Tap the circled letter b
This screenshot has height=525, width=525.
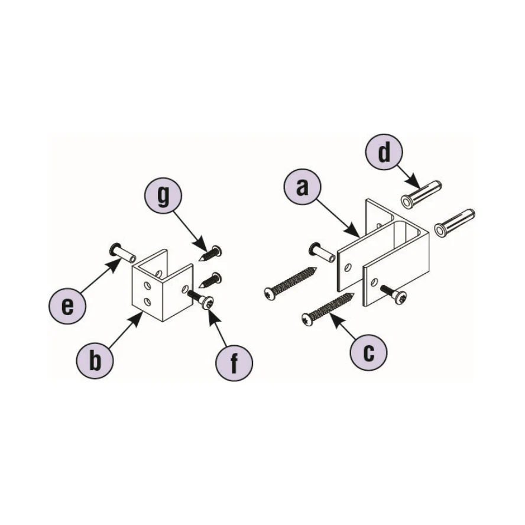(95, 360)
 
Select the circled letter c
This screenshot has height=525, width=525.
(368, 352)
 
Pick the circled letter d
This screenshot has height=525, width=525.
(384, 153)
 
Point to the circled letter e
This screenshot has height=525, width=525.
(67, 306)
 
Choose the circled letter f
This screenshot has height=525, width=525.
(234, 363)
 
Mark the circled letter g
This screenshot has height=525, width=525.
(163, 196)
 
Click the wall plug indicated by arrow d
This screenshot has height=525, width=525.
(421, 195)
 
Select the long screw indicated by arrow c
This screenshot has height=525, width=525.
(328, 307)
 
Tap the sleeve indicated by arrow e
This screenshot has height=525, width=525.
(123, 253)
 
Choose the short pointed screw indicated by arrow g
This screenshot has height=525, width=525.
(210, 254)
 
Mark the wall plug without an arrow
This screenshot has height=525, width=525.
(455, 223)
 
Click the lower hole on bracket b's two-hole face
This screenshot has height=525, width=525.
(147, 302)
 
